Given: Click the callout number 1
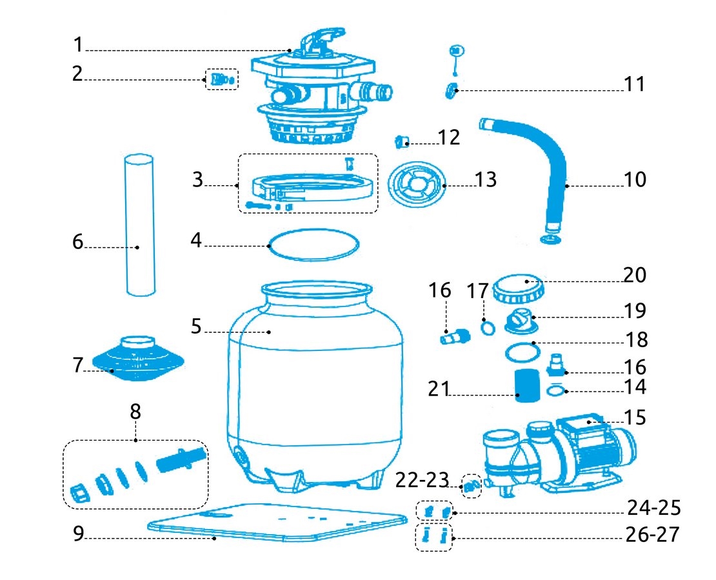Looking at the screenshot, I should click(78, 45).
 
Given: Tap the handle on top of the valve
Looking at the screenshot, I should click(323, 39).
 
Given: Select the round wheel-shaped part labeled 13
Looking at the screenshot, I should click(417, 184).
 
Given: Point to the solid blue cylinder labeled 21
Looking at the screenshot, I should click(528, 386).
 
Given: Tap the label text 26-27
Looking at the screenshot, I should click(651, 535).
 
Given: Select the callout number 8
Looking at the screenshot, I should click(135, 412).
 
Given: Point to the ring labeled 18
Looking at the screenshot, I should click(521, 352).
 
